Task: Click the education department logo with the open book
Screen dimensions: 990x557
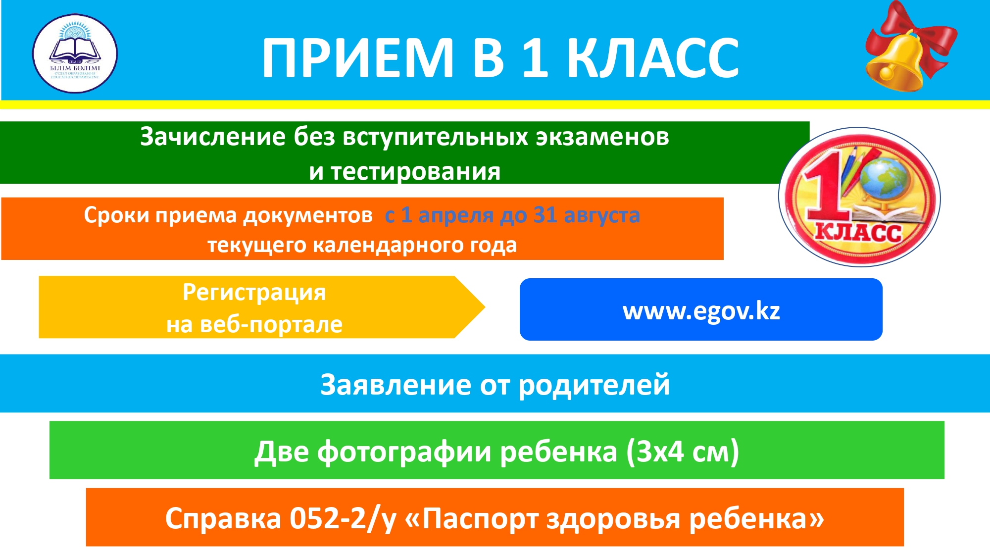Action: pyautogui.click(x=75, y=53)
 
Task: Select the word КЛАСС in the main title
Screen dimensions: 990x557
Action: pyautogui.click(x=653, y=58)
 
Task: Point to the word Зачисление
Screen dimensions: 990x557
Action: pyautogui.click(x=213, y=137)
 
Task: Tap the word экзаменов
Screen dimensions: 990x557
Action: pyautogui.click(x=602, y=137)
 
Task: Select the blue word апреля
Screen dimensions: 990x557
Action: pyautogui.click(x=456, y=216)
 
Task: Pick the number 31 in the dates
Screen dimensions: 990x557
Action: pyautogui.click(x=545, y=215)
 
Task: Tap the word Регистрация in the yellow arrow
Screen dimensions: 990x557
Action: pyautogui.click(x=254, y=293)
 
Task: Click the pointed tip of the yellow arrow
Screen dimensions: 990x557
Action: pyautogui.click(x=485, y=307)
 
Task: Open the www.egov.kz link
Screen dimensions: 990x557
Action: pyautogui.click(x=701, y=311)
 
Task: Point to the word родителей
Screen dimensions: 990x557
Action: pyautogui.click(x=594, y=386)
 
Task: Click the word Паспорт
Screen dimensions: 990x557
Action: pyautogui.click(x=480, y=519)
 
